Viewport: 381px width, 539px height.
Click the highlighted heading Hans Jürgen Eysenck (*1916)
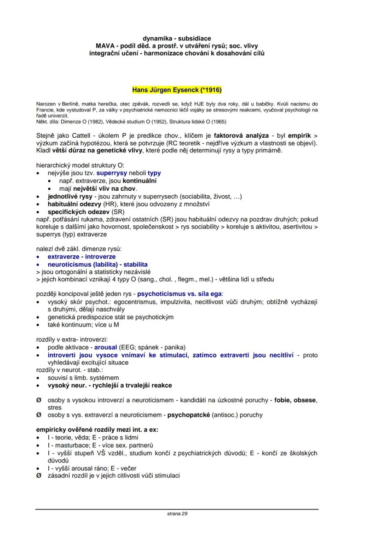[177, 89]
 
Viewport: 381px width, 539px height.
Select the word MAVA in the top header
[104, 46]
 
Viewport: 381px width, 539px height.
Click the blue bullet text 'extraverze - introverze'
[81, 257]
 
